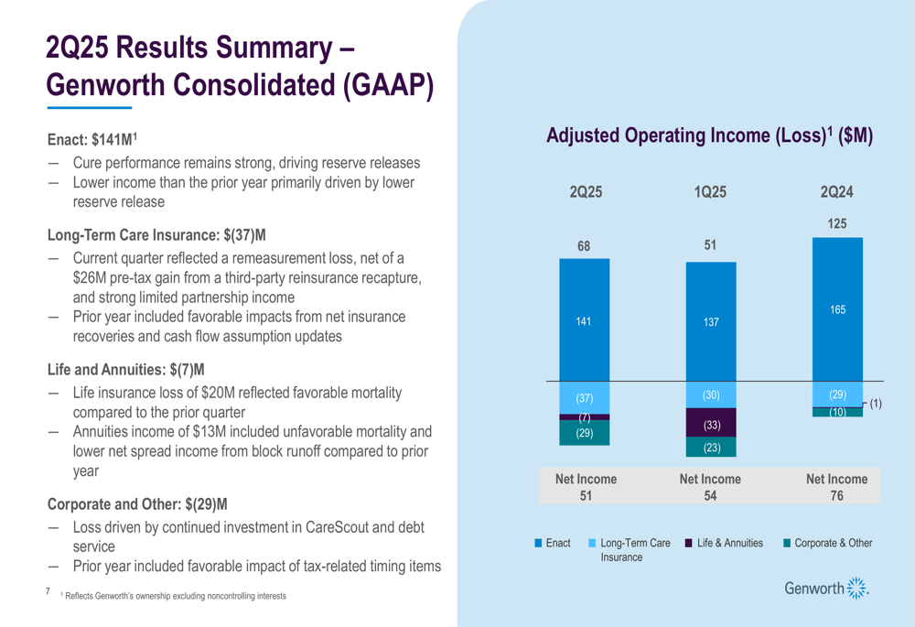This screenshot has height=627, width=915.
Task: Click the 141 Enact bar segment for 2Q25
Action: click(x=584, y=320)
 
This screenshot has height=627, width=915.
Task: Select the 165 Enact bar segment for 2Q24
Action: click(x=837, y=309)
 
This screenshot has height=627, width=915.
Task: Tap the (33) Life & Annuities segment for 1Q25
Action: click(x=711, y=426)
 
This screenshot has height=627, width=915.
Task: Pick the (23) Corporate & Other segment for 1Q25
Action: click(x=711, y=448)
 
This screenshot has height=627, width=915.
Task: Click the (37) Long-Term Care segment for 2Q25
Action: click(x=584, y=399)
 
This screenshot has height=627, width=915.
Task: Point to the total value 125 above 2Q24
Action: click(x=837, y=222)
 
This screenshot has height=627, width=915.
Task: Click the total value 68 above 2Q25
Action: click(x=584, y=245)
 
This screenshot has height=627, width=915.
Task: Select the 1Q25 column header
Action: click(x=711, y=192)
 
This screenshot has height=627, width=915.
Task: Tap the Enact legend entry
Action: click(x=553, y=544)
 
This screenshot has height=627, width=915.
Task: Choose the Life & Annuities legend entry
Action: click(x=724, y=544)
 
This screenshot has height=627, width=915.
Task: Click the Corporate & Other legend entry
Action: click(x=828, y=544)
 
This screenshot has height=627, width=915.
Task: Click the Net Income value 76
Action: click(x=837, y=496)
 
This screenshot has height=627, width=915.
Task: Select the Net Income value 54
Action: click(x=711, y=496)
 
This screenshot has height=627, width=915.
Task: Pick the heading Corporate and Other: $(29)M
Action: click(x=137, y=503)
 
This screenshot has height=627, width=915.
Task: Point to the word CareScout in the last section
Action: click(x=332, y=528)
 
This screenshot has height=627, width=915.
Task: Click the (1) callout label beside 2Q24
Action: click(x=876, y=404)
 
